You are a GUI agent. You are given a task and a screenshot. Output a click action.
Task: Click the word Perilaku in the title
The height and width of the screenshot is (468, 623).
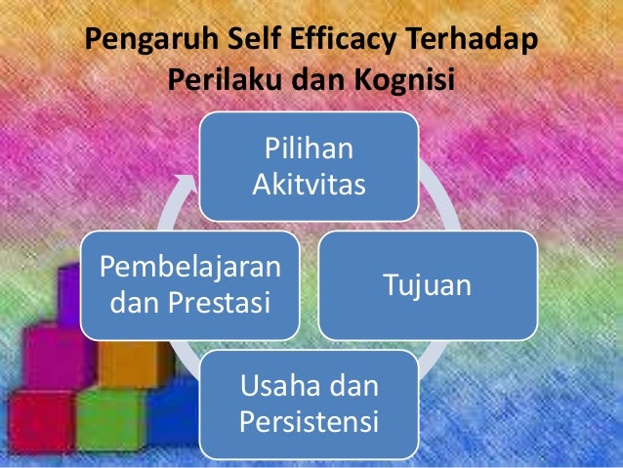tap(228, 81)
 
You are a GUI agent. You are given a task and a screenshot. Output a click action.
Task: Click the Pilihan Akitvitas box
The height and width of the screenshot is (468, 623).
tap(310, 165)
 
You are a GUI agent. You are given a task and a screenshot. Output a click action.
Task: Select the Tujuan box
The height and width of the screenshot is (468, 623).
tap(427, 285)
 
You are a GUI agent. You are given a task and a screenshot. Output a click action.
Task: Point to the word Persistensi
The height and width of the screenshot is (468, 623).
tap(310, 424)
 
